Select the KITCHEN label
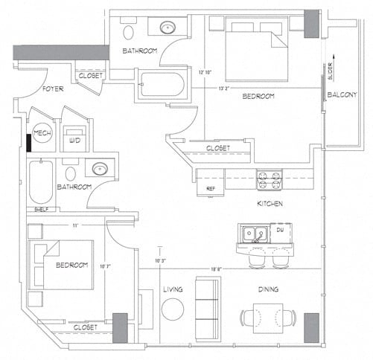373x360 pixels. [x=270, y=203]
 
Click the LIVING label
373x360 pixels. [x=173, y=290]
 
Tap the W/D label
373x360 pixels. [x=74, y=139]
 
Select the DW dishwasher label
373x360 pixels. [x=281, y=231]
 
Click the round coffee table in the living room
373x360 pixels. [x=173, y=309]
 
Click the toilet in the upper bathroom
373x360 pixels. [x=129, y=31]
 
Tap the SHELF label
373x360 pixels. [x=42, y=210]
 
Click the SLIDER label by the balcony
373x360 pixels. [x=329, y=72]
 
